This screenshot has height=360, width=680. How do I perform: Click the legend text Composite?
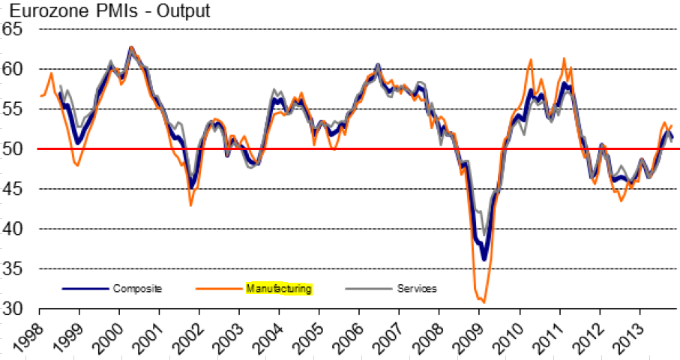[137, 288]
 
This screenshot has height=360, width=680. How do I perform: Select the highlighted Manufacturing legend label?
[279, 288]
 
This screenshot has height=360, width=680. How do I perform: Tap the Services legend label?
[418, 288]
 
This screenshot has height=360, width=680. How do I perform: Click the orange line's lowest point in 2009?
[484, 302]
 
